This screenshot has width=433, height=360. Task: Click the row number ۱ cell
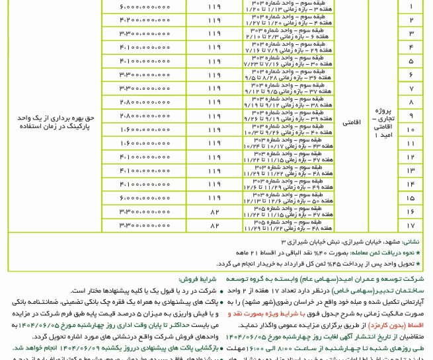(411, 7)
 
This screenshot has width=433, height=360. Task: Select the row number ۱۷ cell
(411, 225)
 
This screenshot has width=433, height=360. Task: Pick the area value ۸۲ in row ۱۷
(214, 225)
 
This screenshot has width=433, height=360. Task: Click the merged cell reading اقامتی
(351, 122)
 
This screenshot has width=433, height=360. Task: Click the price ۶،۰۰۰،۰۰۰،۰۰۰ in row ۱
(145, 7)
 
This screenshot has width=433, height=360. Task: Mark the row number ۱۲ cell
(411, 157)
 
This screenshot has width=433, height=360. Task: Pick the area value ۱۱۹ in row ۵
(214, 61)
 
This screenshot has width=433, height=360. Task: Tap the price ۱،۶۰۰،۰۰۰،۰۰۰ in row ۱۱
(145, 143)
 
